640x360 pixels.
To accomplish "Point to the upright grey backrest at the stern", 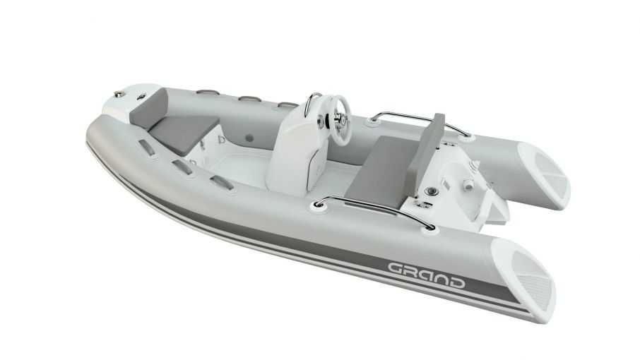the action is (426, 153).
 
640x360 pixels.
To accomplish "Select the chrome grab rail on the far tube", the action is (420, 121).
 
